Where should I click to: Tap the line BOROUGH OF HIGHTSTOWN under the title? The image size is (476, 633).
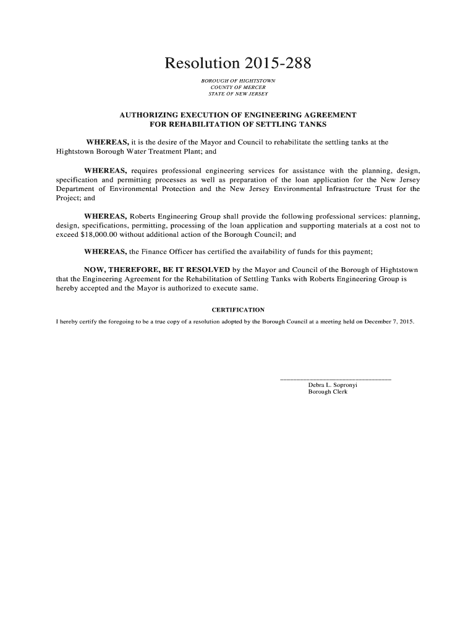(238, 81)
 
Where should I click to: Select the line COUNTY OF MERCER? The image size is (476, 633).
(238, 87)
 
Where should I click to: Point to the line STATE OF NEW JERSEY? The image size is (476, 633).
(238, 94)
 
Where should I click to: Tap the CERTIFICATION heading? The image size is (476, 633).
(238, 309)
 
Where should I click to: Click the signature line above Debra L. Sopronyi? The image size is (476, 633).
(336, 378)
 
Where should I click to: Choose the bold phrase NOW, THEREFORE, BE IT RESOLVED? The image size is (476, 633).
(157, 270)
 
